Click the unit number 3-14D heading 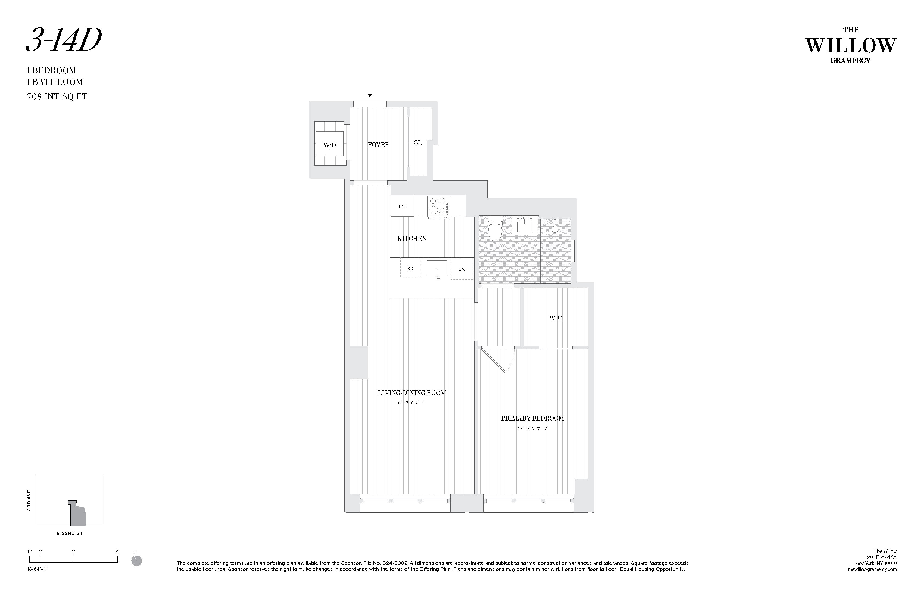64,41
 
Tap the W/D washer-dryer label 330,145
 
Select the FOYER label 378,145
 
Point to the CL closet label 418,143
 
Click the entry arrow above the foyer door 370,95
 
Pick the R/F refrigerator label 402,207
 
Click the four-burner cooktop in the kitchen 438,206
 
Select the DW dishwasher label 462,269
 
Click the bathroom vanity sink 525,226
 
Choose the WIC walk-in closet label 555,318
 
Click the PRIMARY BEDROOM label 532,419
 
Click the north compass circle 137,561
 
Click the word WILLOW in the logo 850,46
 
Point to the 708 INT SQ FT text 57,97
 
